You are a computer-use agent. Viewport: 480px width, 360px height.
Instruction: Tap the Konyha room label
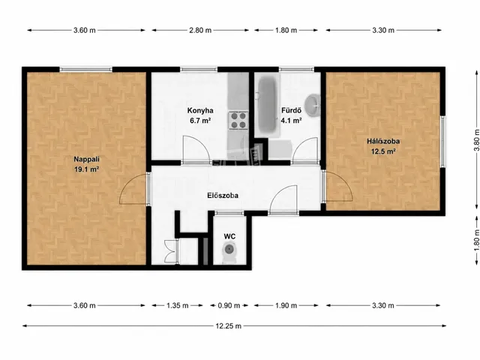[200, 110]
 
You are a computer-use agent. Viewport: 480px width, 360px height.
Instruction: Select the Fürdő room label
[292, 110]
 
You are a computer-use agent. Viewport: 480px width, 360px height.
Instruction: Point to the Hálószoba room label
[383, 142]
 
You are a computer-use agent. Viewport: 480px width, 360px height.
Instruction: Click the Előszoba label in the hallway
[223, 195]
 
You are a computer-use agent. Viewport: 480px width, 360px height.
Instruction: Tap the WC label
[229, 236]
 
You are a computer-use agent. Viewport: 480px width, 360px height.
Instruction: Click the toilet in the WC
[229, 253]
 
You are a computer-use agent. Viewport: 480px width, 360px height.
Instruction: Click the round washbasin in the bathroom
[313, 105]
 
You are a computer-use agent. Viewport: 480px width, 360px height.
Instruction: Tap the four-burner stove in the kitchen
[238, 120]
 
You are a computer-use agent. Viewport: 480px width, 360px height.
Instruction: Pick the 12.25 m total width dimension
[228, 326]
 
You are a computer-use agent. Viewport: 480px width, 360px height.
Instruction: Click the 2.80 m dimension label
[200, 30]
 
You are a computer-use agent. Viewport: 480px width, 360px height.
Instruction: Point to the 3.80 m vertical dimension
[476, 140]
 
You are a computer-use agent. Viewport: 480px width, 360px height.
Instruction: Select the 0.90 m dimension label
[229, 305]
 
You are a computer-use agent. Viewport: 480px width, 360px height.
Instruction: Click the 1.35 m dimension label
[177, 305]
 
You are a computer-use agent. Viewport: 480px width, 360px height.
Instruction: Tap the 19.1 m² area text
[86, 169]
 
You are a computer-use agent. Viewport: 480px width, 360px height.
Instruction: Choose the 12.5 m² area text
[383, 151]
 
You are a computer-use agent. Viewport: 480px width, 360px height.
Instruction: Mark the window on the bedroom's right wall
[442, 142]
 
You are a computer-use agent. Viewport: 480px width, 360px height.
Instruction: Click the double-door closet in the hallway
[171, 251]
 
